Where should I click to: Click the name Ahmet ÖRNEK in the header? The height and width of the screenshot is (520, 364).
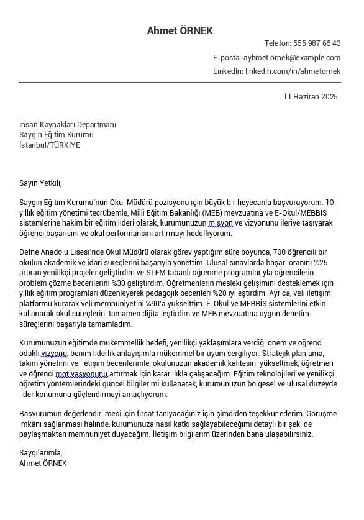click(x=180, y=30)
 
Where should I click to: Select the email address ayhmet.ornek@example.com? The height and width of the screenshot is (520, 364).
click(x=292, y=58)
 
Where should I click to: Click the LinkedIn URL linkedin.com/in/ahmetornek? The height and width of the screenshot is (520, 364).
click(x=293, y=71)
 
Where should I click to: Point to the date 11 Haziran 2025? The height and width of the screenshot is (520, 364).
click(x=311, y=97)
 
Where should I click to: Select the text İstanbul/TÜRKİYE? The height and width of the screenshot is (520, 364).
click(x=50, y=145)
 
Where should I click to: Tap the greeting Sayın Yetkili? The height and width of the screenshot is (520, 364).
click(x=40, y=183)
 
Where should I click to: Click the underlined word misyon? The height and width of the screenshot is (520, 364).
click(x=221, y=223)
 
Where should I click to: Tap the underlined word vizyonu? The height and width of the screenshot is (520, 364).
click(x=54, y=354)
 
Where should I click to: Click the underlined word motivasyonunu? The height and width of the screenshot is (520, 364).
click(x=81, y=374)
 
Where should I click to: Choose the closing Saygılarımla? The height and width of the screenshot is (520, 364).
click(x=41, y=453)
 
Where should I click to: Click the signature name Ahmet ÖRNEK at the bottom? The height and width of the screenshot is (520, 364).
click(x=43, y=463)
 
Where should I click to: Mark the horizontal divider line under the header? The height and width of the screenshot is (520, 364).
click(x=180, y=83)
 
